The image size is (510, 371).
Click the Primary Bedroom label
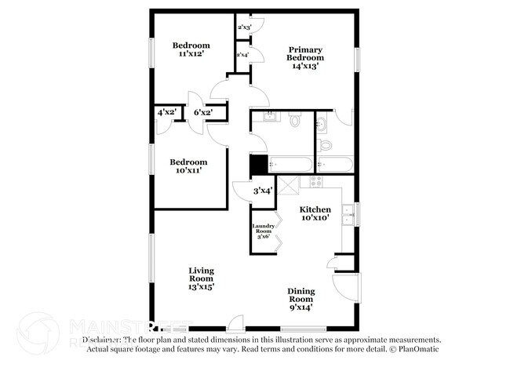click(x=305, y=53)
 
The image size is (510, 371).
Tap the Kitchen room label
click(x=315, y=210)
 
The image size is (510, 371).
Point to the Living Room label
click(x=201, y=275)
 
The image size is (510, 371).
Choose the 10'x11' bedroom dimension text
click(x=190, y=171)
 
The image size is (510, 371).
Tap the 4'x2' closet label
click(x=167, y=113)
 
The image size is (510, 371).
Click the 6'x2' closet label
click(x=203, y=113)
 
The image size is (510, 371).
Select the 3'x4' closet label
click(x=262, y=191)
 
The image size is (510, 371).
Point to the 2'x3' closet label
click(x=243, y=27)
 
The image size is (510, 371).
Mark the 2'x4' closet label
click(x=243, y=55)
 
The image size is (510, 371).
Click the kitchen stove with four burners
click(x=317, y=181)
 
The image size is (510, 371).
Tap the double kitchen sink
click(x=352, y=212)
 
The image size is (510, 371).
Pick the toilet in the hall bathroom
click(x=296, y=120)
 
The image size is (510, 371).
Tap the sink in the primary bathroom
click(x=321, y=124)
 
